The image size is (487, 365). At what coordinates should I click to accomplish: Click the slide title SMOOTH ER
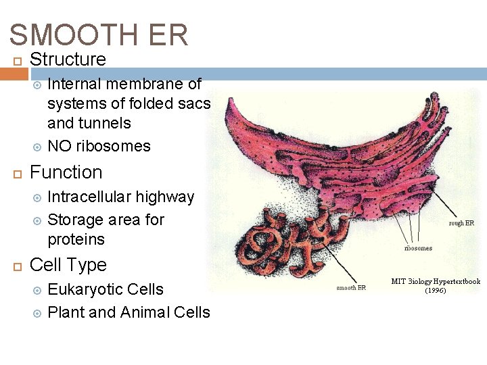coord(99,35)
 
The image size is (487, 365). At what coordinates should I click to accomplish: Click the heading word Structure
coord(68,59)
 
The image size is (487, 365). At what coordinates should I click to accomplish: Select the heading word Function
coord(66,172)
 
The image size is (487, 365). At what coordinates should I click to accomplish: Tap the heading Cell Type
coord(68,265)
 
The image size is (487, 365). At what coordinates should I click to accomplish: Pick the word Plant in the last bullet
coord(67,312)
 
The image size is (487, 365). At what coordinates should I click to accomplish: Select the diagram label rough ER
coord(461,223)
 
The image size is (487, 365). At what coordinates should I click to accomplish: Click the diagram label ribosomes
coord(418,248)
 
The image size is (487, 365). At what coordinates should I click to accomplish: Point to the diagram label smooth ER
coord(351,288)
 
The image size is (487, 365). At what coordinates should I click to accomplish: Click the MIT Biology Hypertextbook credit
coord(436,281)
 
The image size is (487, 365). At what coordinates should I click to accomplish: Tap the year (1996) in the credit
coord(436,291)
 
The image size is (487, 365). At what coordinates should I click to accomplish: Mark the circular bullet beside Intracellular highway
coord(38,198)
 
